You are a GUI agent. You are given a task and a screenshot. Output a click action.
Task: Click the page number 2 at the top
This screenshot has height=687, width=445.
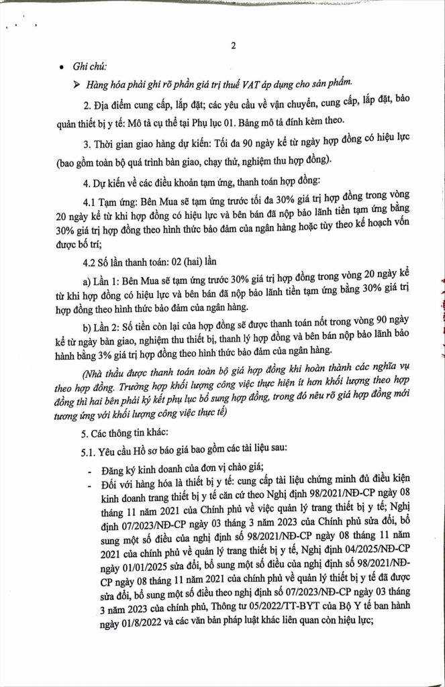[232, 46]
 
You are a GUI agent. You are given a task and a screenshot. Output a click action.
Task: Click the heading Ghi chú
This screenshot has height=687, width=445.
[89, 66]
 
